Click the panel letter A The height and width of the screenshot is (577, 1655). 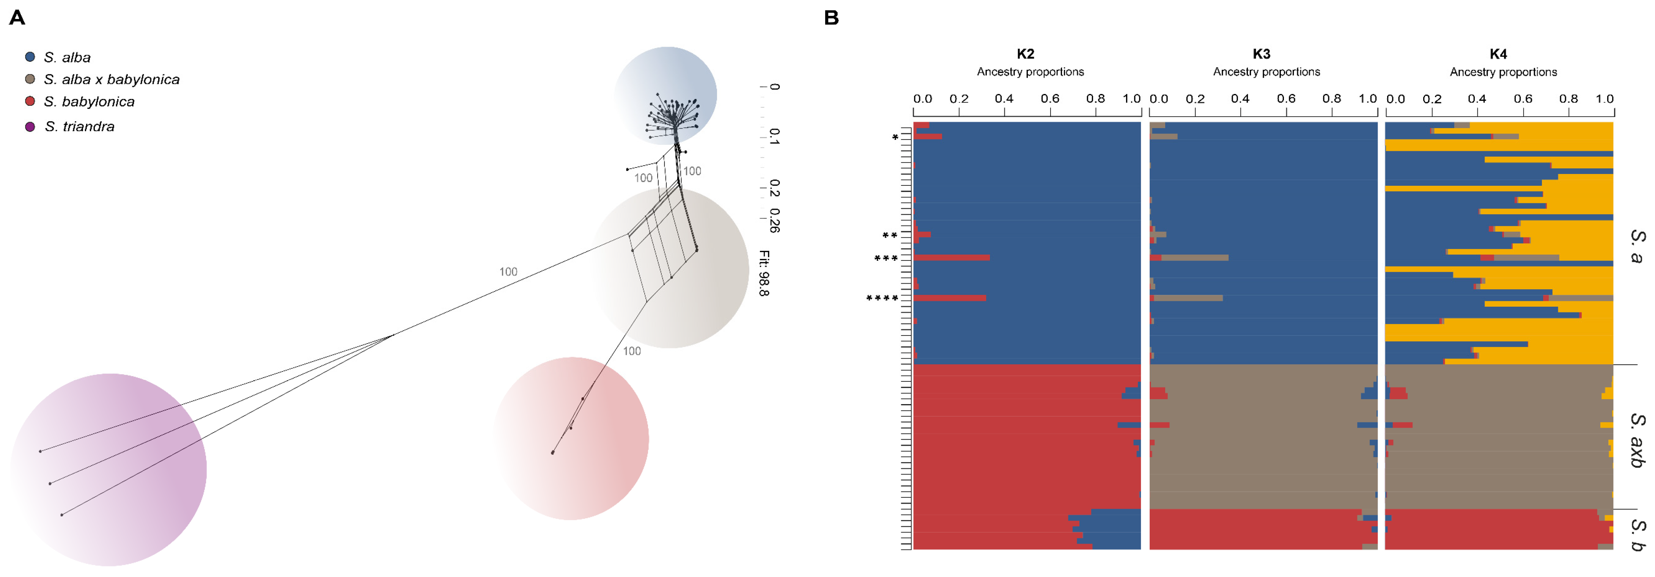(x=17, y=18)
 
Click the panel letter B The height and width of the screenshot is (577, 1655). (x=831, y=18)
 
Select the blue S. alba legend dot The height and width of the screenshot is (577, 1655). (x=30, y=57)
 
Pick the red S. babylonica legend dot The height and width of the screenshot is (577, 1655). (x=30, y=101)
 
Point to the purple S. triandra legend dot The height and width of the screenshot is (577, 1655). (x=30, y=127)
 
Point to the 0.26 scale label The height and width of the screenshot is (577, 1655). (x=774, y=220)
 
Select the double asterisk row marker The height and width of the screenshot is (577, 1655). (x=890, y=235)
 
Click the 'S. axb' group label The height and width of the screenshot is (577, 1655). (x=1638, y=440)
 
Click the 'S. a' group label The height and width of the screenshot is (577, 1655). (x=1638, y=246)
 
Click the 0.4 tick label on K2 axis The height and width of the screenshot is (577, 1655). (x=1004, y=99)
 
